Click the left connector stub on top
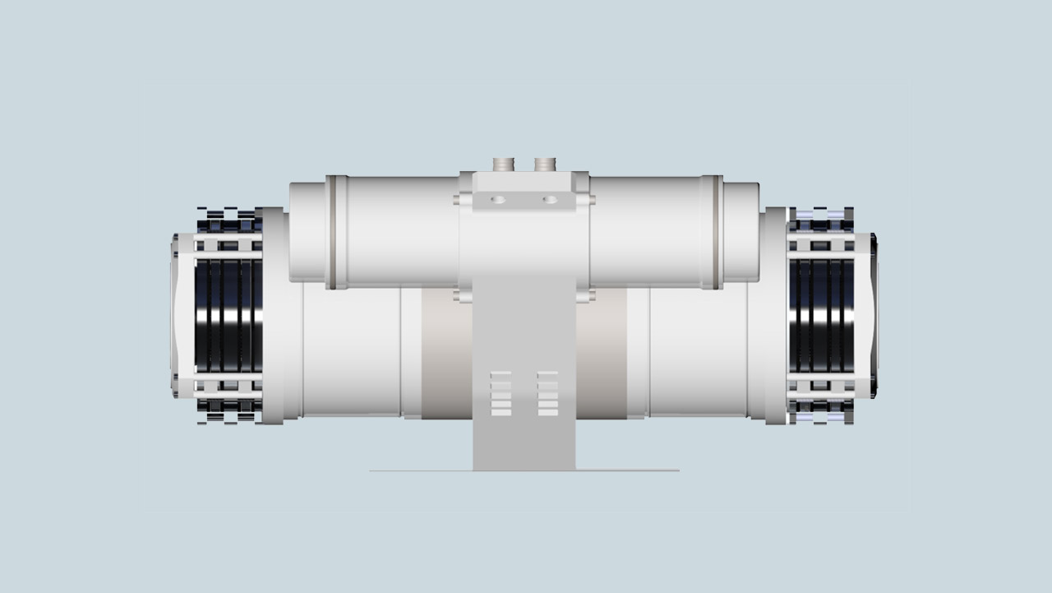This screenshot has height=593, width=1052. [x=503, y=164]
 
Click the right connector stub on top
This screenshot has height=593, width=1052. [x=545, y=164]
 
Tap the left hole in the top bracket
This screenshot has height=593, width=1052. [x=499, y=199]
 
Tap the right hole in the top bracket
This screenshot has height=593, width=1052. [x=550, y=199]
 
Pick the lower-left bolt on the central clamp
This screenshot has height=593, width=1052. [x=464, y=294]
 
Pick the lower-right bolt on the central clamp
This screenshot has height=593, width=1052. [x=584, y=294]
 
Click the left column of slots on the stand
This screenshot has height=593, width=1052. [x=501, y=393]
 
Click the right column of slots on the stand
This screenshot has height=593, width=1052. [x=547, y=393]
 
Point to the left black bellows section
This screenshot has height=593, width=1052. [x=228, y=315]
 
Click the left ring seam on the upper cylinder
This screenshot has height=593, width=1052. [x=332, y=232]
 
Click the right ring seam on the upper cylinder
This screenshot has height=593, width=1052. [x=716, y=232]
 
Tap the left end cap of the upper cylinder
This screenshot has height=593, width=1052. [x=307, y=232]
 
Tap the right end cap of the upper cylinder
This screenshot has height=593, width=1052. [x=741, y=232]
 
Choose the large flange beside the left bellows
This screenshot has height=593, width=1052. [x=275, y=315]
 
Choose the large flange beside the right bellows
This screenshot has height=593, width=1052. [x=774, y=315]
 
